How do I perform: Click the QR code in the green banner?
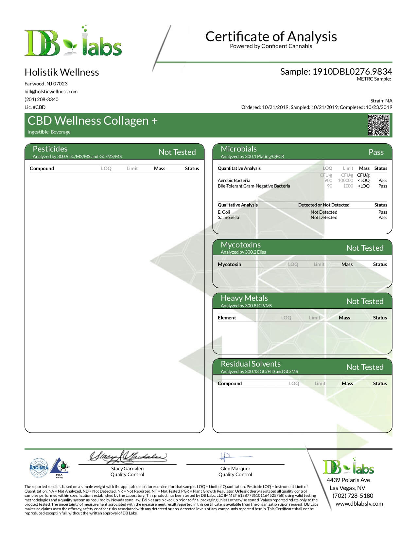coord(379,125)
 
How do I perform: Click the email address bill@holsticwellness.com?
coord(51,92)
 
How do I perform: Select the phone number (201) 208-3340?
coord(42,99)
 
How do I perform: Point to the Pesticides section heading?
coord(50,149)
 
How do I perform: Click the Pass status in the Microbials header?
coord(376,152)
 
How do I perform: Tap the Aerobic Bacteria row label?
coord(234,180)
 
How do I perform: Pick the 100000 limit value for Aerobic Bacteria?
coord(345,180)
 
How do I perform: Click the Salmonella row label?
coord(228,217)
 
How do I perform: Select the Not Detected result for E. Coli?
coord(324,212)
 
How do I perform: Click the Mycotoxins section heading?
coord(241,245)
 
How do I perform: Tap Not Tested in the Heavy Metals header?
coord(365,301)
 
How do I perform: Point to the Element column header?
coord(227,318)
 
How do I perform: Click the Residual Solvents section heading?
coord(251,364)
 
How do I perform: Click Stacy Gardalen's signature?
coord(128,457)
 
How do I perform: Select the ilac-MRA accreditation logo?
coord(39,468)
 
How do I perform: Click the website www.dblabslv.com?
coord(359,504)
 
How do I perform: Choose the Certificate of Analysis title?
coord(271,36)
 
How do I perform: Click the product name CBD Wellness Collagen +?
coord(93,121)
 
